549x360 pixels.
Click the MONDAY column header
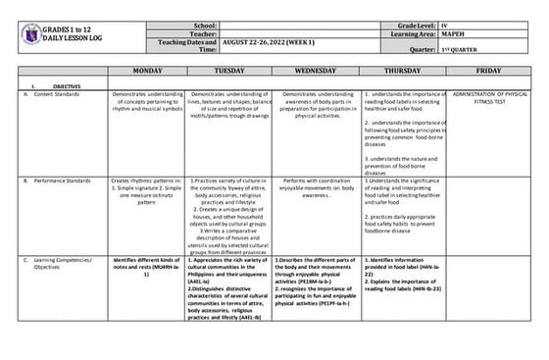(x=146, y=72)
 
